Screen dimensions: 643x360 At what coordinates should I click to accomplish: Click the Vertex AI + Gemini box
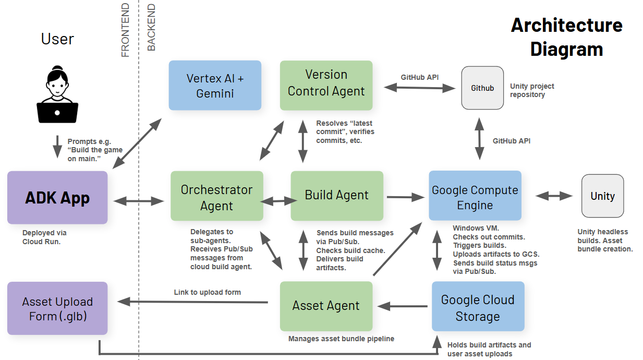(215, 85)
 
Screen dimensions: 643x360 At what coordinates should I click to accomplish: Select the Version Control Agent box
(326, 85)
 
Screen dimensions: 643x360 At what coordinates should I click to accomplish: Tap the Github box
(482, 88)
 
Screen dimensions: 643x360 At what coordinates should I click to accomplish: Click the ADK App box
(57, 198)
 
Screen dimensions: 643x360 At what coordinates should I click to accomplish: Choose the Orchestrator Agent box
(217, 196)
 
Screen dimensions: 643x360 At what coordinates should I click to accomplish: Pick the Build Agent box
(337, 196)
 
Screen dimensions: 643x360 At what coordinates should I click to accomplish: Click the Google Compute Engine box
(475, 196)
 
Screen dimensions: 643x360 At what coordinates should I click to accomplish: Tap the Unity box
(602, 196)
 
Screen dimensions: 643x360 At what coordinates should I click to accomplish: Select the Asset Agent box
(326, 306)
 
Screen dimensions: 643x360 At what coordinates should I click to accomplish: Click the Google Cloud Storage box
(478, 306)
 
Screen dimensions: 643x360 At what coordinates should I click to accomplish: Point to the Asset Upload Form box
(57, 308)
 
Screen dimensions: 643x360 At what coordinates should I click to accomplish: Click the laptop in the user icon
(57, 113)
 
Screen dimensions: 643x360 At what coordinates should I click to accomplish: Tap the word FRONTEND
(125, 30)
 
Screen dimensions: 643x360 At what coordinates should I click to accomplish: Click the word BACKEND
(151, 27)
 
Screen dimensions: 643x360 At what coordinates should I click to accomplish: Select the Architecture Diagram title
(567, 37)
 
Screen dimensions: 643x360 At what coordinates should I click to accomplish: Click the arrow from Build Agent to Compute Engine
(406, 197)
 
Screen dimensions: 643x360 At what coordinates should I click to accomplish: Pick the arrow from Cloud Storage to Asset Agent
(403, 306)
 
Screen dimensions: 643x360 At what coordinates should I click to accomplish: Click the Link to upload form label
(207, 292)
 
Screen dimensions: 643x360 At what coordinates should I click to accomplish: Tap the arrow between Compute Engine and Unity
(554, 196)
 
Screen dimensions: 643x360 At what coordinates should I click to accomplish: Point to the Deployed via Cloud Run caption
(44, 237)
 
